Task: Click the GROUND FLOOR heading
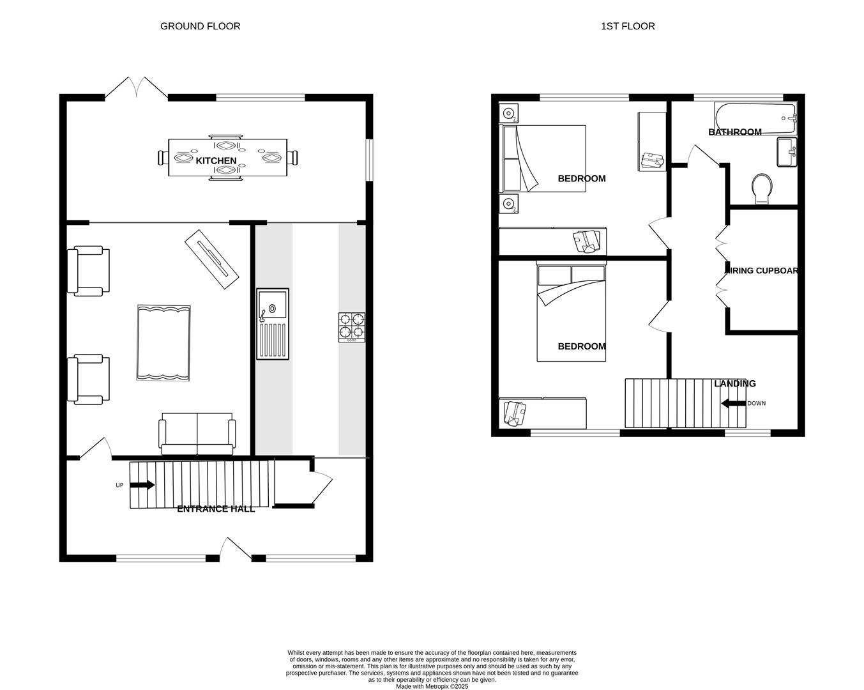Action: click(x=200, y=26)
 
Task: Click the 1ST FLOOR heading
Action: click(x=627, y=26)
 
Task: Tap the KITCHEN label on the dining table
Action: click(x=216, y=160)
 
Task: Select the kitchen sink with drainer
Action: click(x=273, y=324)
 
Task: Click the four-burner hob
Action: click(x=352, y=327)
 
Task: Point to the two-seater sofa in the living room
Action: click(x=197, y=433)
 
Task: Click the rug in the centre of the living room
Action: click(x=163, y=343)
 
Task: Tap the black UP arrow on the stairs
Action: click(x=142, y=485)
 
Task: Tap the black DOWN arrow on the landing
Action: click(x=732, y=403)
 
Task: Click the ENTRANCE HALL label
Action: click(x=216, y=509)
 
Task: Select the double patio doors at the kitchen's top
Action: click(x=137, y=88)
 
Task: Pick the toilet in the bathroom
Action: click(x=762, y=189)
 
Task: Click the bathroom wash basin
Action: click(x=787, y=151)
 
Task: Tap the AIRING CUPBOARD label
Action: click(x=761, y=270)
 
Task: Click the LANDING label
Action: click(x=734, y=383)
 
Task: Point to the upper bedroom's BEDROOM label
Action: click(x=581, y=178)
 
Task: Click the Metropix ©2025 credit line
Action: click(x=432, y=686)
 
